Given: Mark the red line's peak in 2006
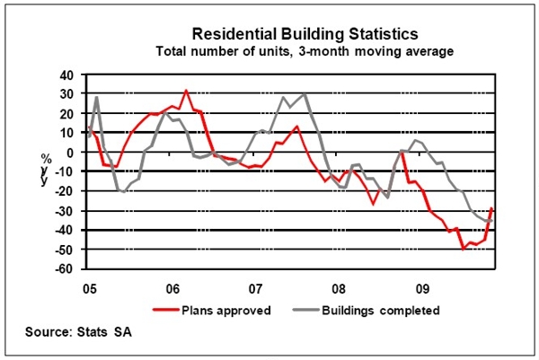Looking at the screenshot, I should pos(186,91).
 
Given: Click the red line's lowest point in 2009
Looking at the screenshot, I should pos(464,248).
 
